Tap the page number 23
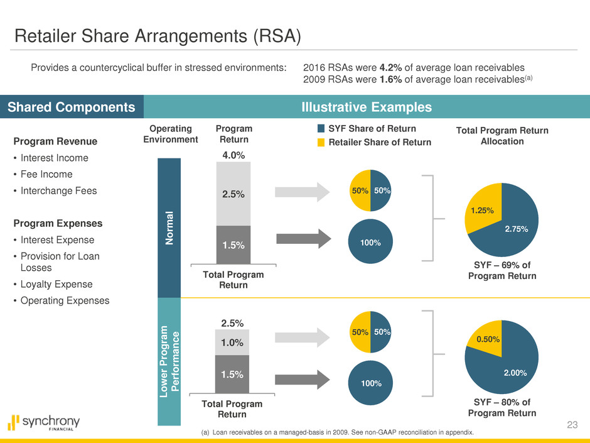click(571, 425)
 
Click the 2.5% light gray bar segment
click(233, 194)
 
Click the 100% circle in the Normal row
click(370, 241)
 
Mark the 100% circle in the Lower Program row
click(370, 381)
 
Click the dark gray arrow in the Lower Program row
click(303, 380)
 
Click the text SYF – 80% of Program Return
click(501, 407)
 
